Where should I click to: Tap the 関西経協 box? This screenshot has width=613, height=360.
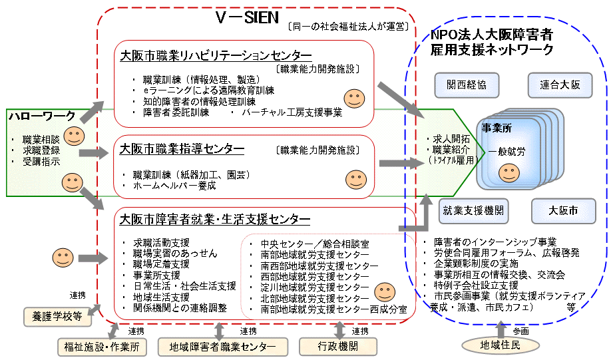467,85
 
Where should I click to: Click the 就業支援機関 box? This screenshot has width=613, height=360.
473,211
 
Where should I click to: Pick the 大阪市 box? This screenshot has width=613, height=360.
563,211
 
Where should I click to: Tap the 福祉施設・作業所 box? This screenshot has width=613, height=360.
101,346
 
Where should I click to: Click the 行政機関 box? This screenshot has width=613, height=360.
337,346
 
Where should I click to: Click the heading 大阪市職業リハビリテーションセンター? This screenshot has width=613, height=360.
216,56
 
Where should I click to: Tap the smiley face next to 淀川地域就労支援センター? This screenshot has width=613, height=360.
385,291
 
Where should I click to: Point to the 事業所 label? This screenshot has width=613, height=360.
496,128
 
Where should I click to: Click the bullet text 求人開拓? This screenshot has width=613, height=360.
451,138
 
